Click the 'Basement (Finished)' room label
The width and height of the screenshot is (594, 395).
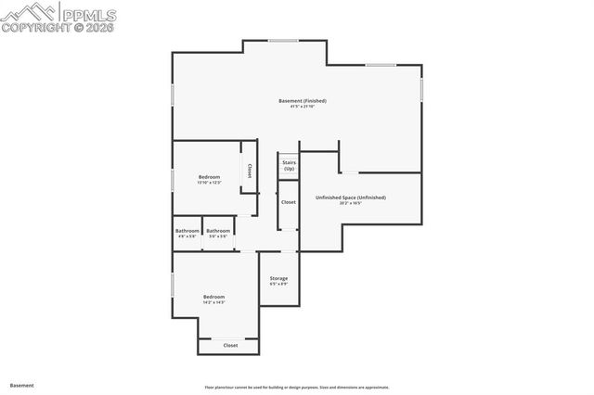[x=303, y=100]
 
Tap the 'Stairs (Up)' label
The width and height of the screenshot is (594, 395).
[x=289, y=165]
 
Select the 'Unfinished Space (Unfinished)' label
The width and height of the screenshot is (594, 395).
[x=350, y=197]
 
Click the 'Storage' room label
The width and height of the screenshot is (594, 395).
[x=278, y=278]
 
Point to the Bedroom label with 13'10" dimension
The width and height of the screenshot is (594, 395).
[x=210, y=176]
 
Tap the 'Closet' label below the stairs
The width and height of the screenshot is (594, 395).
[x=289, y=201]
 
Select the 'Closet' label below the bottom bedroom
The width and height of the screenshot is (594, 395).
[x=230, y=345]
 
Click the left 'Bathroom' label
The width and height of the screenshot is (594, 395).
[x=187, y=231]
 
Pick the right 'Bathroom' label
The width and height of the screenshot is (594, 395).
[x=218, y=231]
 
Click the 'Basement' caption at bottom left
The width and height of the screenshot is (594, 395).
[x=22, y=385]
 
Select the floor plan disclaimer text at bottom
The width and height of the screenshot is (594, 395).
[x=297, y=388]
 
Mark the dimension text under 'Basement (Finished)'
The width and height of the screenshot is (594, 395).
[x=303, y=107]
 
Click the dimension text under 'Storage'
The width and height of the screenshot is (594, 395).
[x=278, y=285]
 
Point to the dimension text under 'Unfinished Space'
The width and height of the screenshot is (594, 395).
[x=350, y=204]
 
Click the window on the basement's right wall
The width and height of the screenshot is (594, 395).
[x=421, y=89]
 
